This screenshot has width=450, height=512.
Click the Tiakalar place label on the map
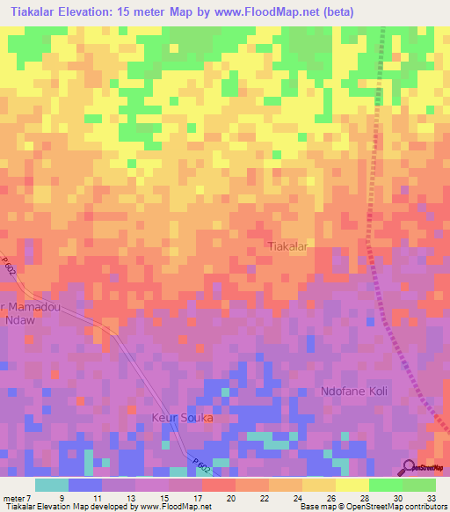287,247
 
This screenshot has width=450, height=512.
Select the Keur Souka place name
183,418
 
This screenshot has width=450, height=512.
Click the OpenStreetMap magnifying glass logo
409,467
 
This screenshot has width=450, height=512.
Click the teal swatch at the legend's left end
51,484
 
